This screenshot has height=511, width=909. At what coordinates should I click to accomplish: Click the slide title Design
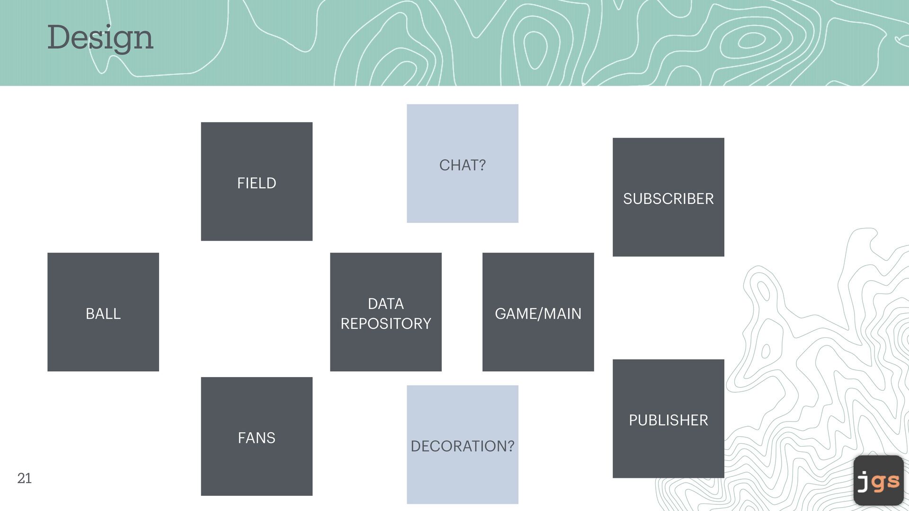pos(100,38)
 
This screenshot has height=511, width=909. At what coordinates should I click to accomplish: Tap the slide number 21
pos(25,478)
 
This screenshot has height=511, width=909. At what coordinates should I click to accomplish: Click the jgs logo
pos(878,480)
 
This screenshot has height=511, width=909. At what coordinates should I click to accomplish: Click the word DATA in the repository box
pos(386,304)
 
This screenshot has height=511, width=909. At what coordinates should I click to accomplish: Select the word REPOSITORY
pos(386,324)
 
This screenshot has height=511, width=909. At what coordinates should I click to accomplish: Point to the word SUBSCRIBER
pos(668,199)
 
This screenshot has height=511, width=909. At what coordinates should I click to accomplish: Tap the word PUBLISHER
pos(668,420)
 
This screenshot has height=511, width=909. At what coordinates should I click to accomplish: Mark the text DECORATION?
pos(462,446)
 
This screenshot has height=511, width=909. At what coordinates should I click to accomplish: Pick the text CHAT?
pos(462,165)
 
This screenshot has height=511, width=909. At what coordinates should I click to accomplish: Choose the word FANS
pos(257,438)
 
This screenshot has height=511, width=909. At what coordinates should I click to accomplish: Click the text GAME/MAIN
pos(538,314)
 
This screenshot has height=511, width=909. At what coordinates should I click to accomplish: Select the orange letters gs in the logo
pos(886,482)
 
